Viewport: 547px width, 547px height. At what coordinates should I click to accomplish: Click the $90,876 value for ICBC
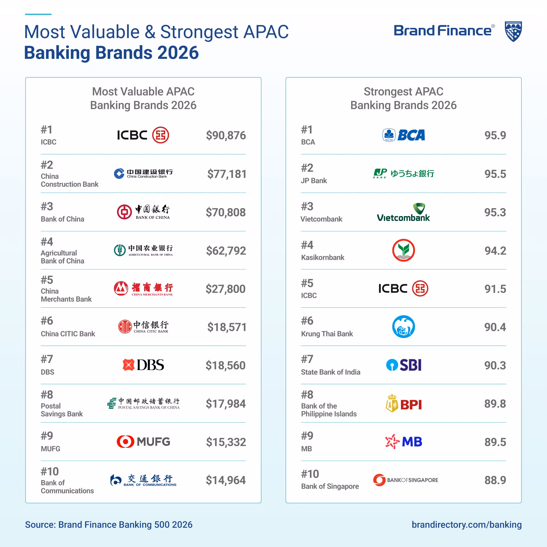[x=226, y=135]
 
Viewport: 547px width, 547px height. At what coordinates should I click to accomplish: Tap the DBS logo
[x=143, y=365]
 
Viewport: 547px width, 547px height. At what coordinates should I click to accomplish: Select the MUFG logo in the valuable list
[x=143, y=442]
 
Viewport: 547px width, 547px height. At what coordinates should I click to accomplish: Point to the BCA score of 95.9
[x=495, y=135]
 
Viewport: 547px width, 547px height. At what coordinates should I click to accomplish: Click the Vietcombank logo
[x=403, y=213]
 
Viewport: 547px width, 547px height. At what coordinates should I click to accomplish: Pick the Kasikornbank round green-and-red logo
[x=403, y=250]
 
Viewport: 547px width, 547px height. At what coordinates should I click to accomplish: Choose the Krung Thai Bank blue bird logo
[x=403, y=327]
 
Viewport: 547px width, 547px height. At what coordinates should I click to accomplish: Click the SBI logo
[x=404, y=365]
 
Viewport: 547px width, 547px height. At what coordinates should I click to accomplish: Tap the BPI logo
[x=404, y=404]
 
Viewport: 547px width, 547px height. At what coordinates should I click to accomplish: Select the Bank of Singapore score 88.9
[x=495, y=480]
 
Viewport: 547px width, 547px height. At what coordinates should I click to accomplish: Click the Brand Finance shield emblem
[x=513, y=31]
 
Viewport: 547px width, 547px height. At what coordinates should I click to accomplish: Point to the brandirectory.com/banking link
[x=466, y=525]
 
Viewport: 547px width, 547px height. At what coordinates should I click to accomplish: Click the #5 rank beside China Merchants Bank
[x=47, y=280]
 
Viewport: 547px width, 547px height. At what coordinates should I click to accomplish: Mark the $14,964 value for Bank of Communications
[x=226, y=480]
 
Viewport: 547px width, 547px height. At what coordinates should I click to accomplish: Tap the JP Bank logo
[x=403, y=173]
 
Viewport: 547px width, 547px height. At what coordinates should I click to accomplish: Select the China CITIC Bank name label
[x=68, y=334]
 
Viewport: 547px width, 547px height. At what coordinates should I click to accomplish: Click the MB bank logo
[x=403, y=442]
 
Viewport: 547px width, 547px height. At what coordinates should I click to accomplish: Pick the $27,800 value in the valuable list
[x=225, y=289]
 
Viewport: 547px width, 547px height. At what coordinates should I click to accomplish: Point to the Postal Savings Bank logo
[x=143, y=403]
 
